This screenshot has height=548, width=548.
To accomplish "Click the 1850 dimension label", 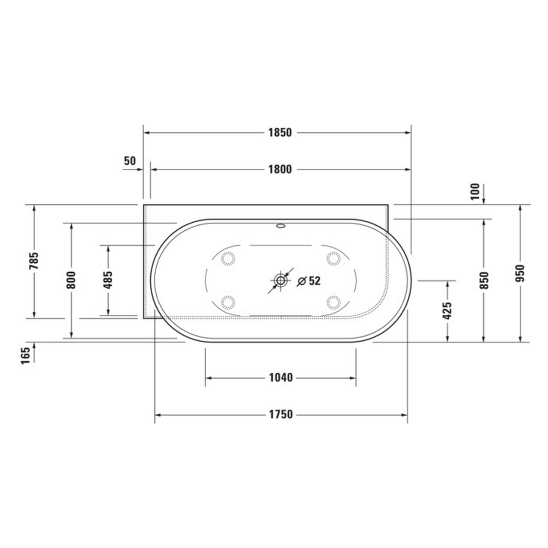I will click(280, 133).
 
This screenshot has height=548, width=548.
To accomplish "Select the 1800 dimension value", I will click(280, 170).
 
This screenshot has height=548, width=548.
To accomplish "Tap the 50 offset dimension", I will click(130, 161).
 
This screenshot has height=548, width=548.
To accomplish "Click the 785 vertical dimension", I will click(34, 261).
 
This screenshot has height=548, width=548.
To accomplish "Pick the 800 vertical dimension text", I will click(71, 280).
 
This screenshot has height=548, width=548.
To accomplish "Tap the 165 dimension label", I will click(27, 356).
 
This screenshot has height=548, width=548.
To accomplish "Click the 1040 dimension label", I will click(281, 378).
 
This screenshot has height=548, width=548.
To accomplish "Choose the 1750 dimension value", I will click(281, 414).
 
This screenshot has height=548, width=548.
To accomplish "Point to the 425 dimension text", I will click(447, 311).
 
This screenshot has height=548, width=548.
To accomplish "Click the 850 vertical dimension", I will click(484, 280).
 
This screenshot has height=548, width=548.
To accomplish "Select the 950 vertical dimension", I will click(520, 273).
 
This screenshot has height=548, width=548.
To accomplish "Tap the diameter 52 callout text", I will click(309, 281).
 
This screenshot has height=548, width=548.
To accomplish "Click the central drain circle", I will click(281, 281).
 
